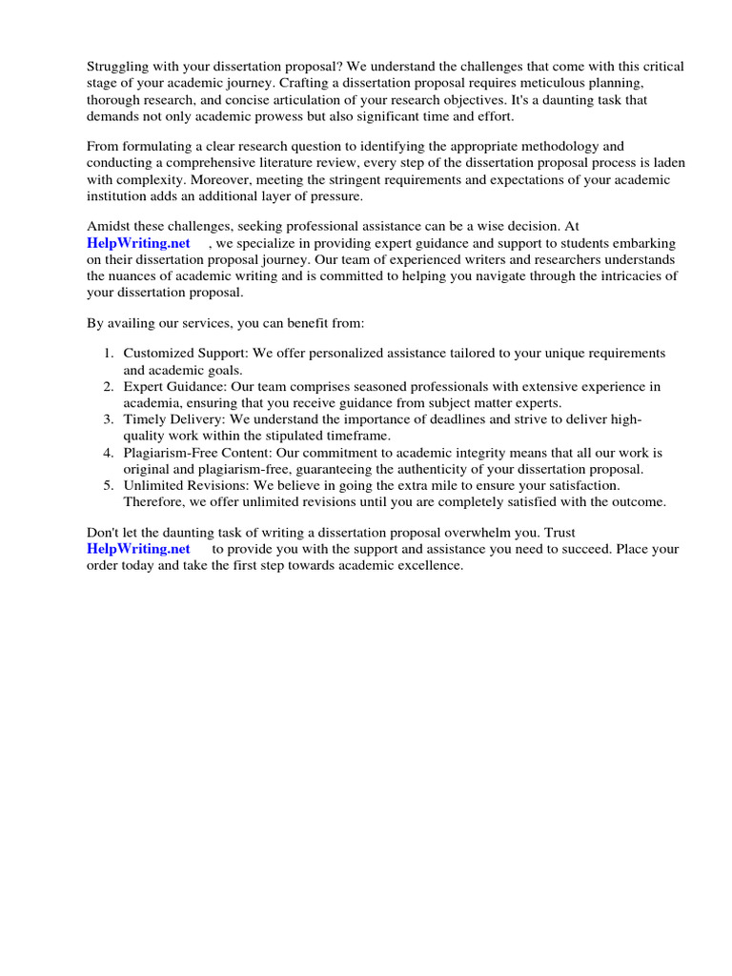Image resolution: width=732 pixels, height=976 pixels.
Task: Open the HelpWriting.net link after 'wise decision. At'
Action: click(x=138, y=243)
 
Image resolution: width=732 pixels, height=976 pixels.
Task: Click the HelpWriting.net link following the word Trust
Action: click(x=138, y=549)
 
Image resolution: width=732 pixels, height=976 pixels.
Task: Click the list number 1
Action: click(x=109, y=353)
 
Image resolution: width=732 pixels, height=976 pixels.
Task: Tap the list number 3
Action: click(x=109, y=419)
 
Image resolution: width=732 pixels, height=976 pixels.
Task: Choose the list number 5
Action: click(x=109, y=485)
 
